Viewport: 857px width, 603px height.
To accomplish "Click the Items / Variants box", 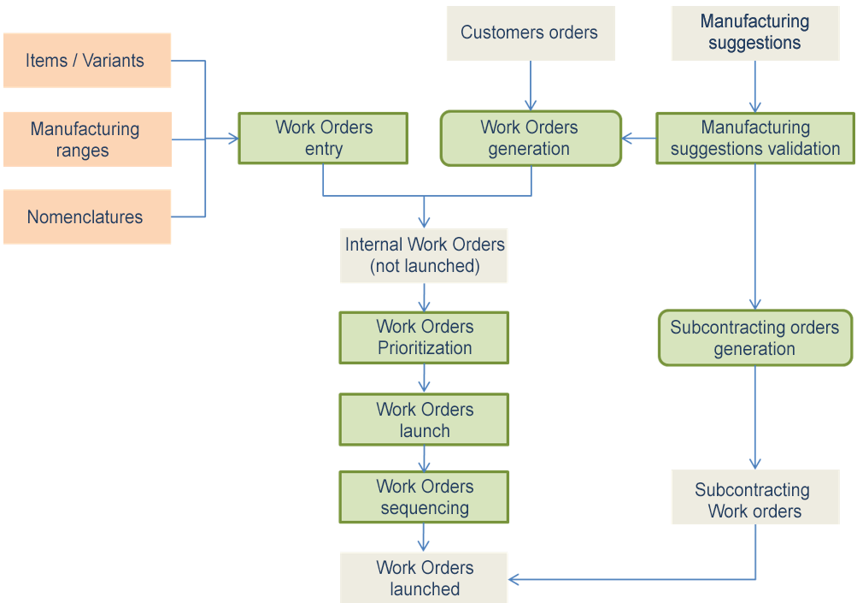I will (86, 61).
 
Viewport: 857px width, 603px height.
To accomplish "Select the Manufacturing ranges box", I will (86, 139).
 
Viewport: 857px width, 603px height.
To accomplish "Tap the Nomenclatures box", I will (86, 217).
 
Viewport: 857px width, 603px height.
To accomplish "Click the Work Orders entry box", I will (323, 139).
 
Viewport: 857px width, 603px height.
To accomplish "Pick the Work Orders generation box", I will (530, 139).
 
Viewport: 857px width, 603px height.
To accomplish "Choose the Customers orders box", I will (530, 33).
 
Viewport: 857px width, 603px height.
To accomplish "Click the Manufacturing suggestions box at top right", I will (754, 33).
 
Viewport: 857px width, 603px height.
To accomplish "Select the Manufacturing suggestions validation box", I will (754, 139).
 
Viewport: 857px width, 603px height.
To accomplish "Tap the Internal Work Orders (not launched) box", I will (424, 255).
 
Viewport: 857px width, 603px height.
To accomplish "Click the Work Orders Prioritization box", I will (424, 338).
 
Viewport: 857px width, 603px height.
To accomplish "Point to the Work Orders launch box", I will (424, 420).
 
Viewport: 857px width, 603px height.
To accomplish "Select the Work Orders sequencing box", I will (424, 497).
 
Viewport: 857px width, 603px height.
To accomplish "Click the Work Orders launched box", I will (424, 578).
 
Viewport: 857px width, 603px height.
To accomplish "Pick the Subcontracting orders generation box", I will (754, 338).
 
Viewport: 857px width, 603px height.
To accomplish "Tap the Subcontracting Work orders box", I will (754, 500).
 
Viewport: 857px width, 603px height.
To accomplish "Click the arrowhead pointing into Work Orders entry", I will (232, 139).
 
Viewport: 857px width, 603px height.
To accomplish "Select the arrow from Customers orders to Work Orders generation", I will (531, 86).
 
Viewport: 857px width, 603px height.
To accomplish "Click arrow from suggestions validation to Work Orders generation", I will (638, 138).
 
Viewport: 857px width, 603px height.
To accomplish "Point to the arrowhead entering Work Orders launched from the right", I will (514, 579).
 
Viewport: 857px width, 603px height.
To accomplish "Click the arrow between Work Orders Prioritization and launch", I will (424, 378).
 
